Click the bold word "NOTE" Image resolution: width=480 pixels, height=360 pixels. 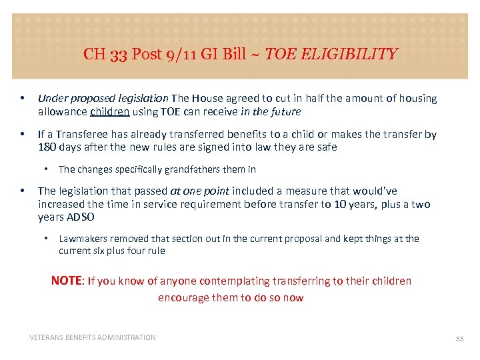[x=66, y=281]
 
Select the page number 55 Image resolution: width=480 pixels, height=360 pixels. [x=459, y=339]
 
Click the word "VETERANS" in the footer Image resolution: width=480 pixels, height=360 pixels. [x=49, y=337]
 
